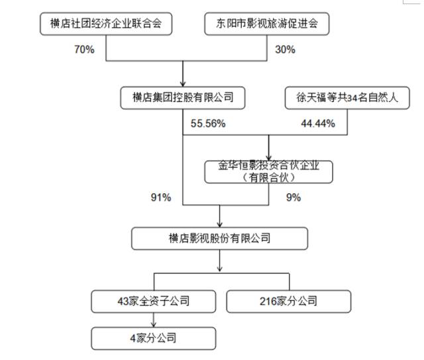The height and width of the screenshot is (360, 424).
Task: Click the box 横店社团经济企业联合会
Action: point(106,24)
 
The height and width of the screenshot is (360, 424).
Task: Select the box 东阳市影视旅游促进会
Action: point(267,24)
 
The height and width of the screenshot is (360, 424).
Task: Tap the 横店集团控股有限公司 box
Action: point(183,98)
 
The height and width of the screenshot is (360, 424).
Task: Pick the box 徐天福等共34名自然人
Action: point(347,98)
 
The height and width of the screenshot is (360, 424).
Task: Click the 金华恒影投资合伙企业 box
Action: point(269,172)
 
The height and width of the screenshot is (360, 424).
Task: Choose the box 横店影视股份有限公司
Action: point(219,238)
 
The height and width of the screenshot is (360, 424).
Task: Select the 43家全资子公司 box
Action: point(154,301)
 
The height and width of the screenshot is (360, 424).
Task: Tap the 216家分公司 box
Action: point(289,301)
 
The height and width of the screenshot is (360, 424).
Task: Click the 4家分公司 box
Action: point(154,338)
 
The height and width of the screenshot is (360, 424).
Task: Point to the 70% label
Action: point(85,50)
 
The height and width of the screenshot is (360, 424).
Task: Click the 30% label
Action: point(286,50)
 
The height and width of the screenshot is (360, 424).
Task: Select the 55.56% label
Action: point(208,124)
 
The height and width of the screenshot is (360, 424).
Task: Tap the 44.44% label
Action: point(318,124)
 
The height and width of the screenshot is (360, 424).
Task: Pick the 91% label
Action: point(161,197)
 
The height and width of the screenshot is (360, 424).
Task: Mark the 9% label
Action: point(293,197)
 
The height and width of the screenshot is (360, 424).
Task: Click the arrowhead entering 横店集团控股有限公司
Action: point(183,84)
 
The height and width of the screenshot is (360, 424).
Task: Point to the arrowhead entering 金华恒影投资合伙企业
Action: point(269,157)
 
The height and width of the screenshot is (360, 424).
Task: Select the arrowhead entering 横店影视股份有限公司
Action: point(219,224)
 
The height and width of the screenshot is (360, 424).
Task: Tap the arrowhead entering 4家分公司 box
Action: point(154,324)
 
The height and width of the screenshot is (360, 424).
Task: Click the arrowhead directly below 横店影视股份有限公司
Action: point(219,269)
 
